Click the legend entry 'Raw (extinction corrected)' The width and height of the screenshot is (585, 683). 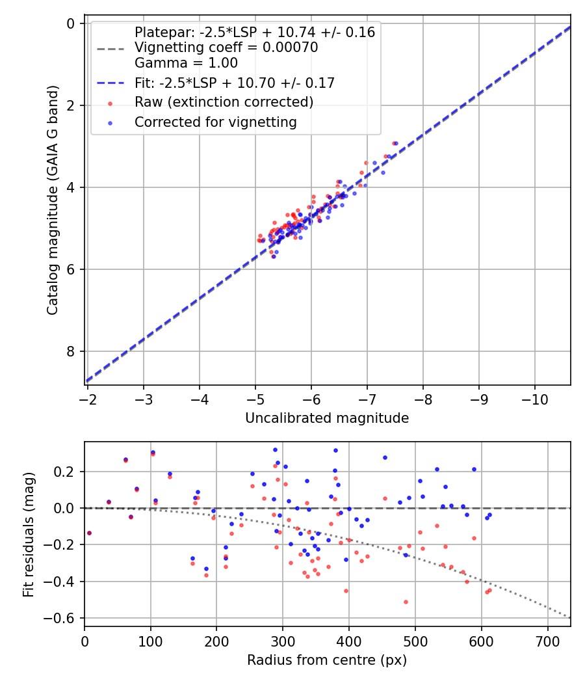[224, 102]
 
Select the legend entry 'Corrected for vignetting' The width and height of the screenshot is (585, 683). [215, 122]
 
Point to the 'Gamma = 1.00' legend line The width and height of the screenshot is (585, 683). [186, 63]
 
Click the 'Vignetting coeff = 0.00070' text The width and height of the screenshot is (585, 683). [226, 47]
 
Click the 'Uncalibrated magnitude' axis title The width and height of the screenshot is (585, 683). [327, 418]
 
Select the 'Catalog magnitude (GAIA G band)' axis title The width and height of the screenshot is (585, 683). [53, 200]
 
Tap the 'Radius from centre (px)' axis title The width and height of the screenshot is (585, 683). [327, 660]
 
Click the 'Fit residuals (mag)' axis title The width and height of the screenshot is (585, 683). [29, 534]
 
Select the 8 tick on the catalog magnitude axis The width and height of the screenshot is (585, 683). [71, 351]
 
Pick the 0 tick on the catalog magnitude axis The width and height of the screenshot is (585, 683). [71, 23]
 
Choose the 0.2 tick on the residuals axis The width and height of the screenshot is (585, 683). [67, 472]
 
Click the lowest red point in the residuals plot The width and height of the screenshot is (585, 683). [406, 602]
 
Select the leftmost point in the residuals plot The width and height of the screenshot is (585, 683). [89, 533]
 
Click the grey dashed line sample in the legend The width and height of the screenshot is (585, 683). [110, 48]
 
